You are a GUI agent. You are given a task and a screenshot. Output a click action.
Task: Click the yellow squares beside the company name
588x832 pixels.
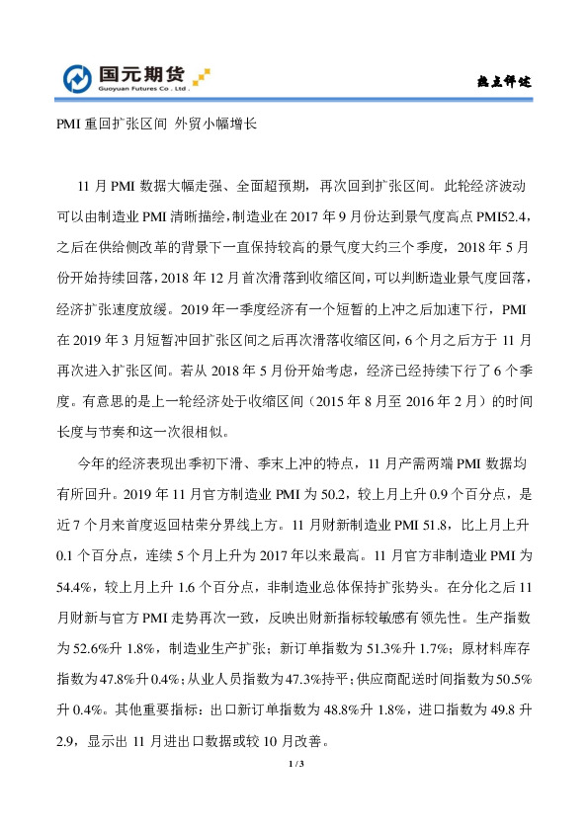(x=203, y=75)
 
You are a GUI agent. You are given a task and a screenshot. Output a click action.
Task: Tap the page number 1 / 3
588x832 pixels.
(x=294, y=765)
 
